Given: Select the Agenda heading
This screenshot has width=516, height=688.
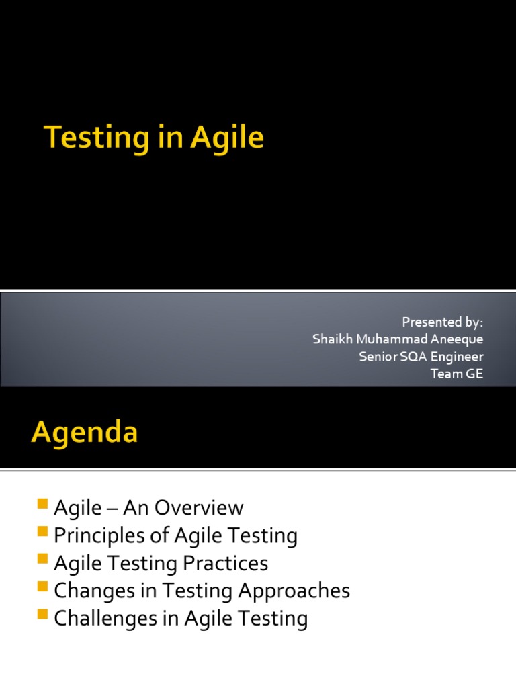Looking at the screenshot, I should (x=84, y=432).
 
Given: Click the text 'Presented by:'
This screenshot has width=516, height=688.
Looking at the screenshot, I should (x=442, y=322).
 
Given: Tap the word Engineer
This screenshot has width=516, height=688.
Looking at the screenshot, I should (x=457, y=357).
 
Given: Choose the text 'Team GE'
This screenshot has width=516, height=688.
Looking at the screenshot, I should (x=457, y=374).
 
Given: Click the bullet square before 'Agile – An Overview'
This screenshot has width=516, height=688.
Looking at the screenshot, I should (x=44, y=504).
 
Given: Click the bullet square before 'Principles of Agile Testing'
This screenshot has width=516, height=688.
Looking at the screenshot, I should (x=44, y=531).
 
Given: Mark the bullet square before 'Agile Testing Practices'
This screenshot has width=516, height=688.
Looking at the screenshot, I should (x=44, y=559).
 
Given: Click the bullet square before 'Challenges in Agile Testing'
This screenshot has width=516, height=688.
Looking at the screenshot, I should (x=44, y=614).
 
